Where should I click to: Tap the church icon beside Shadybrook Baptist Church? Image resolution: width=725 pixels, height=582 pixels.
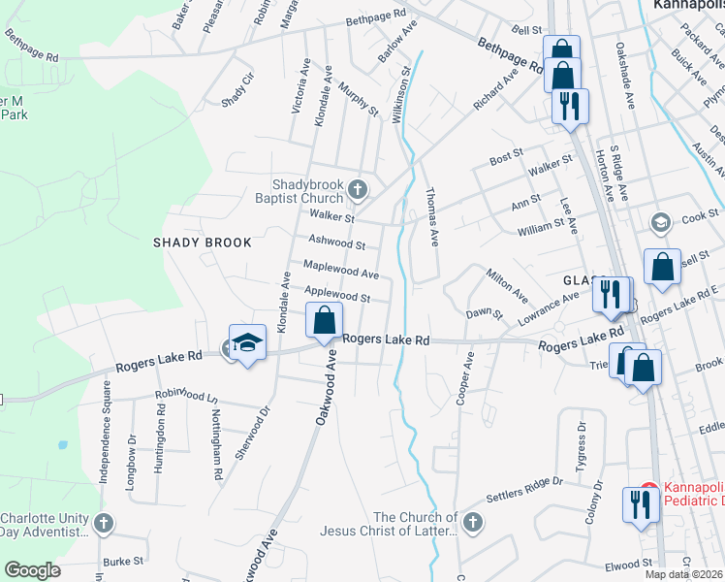click(x=359, y=189)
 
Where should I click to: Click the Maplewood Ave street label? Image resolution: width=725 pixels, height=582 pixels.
click(x=340, y=269)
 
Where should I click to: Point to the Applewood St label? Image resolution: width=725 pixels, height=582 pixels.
click(x=338, y=293)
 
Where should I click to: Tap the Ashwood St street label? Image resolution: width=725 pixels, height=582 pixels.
click(x=336, y=242)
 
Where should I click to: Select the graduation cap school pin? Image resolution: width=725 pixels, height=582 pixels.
click(x=247, y=342)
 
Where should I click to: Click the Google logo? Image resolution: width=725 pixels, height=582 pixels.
click(x=31, y=570)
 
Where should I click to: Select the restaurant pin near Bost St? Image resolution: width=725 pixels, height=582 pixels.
click(x=569, y=105)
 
